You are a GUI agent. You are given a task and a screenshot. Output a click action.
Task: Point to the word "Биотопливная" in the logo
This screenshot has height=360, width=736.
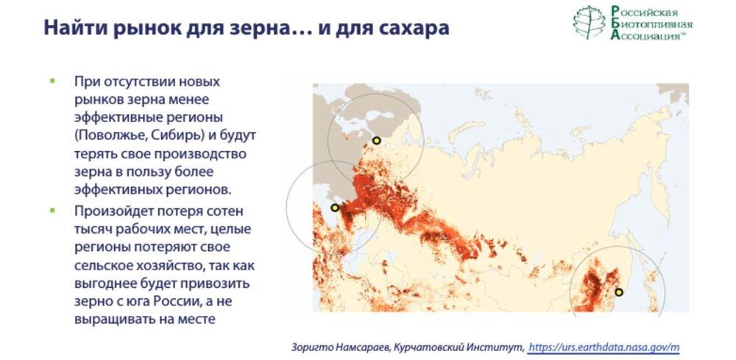(651, 24)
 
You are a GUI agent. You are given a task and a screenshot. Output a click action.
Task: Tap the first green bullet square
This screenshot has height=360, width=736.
(52, 81)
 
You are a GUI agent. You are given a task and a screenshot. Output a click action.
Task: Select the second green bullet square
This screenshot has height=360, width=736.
(52, 211)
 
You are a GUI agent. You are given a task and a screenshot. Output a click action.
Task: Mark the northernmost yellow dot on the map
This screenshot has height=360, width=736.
(376, 140)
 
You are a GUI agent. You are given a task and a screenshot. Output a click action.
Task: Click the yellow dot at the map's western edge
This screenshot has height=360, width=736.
(335, 208)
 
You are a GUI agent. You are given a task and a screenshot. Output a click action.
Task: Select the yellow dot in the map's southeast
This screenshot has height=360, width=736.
(619, 292)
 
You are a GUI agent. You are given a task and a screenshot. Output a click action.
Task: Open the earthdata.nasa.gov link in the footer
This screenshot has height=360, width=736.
(604, 347)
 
